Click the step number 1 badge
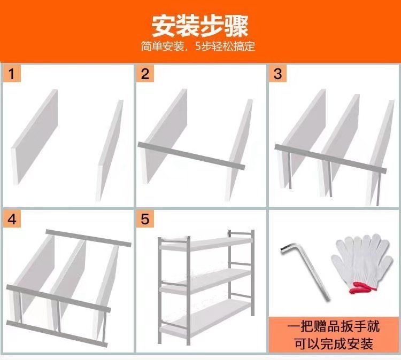click(12, 74)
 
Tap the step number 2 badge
click(145, 74)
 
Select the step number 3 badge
click(277, 74)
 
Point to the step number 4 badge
click(12, 219)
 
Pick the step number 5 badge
click(145, 219)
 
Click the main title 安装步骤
click(200, 27)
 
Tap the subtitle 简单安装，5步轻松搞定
click(198, 46)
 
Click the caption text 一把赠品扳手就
click(334, 327)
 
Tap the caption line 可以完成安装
click(334, 343)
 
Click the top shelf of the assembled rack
click(206, 244)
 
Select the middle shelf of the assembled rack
click(206, 282)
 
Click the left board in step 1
click(35, 136)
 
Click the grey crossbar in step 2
click(191, 156)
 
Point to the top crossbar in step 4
click(88, 238)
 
